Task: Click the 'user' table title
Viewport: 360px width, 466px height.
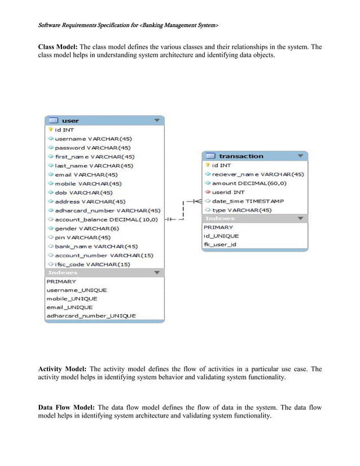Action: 71,121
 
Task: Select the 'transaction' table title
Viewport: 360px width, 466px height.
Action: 241,156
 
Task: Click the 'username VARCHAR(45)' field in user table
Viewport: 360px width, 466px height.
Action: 94,139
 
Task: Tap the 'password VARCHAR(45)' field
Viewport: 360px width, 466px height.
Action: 93,148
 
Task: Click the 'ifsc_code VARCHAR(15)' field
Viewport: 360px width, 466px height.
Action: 93,264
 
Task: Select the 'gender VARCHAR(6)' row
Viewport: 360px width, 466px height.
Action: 87,228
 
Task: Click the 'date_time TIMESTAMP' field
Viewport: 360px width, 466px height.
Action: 248,201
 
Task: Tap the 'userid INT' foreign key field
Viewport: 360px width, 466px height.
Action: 229,192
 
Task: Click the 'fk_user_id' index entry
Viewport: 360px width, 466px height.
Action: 220,244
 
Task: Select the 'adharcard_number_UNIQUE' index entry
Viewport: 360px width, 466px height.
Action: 91,316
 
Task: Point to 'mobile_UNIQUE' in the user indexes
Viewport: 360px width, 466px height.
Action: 72,298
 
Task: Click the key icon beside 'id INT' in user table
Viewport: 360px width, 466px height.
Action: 50,129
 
